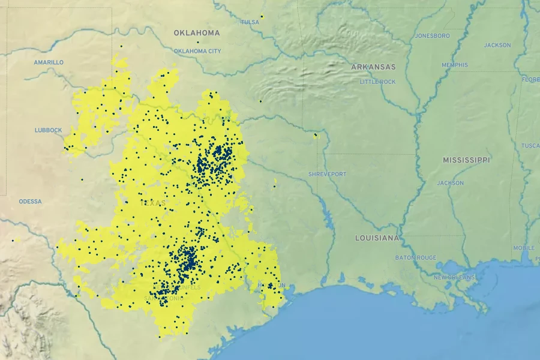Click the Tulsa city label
point(250,22)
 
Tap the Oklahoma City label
point(197,51)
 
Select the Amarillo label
point(49,62)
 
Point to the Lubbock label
point(48,130)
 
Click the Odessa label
point(30,202)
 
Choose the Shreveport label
point(327,174)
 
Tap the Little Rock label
point(377,82)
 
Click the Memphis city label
point(454,65)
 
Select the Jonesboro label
point(432,36)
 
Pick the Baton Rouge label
point(416,257)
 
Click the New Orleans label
point(454,277)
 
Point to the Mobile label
point(523,248)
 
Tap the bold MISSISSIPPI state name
point(466,160)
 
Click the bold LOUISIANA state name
point(377,238)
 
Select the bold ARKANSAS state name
point(373,67)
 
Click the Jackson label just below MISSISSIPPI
point(450,183)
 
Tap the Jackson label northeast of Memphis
point(497,45)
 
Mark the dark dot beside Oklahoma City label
point(197,42)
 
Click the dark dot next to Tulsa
point(262,16)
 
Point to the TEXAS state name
point(152,203)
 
